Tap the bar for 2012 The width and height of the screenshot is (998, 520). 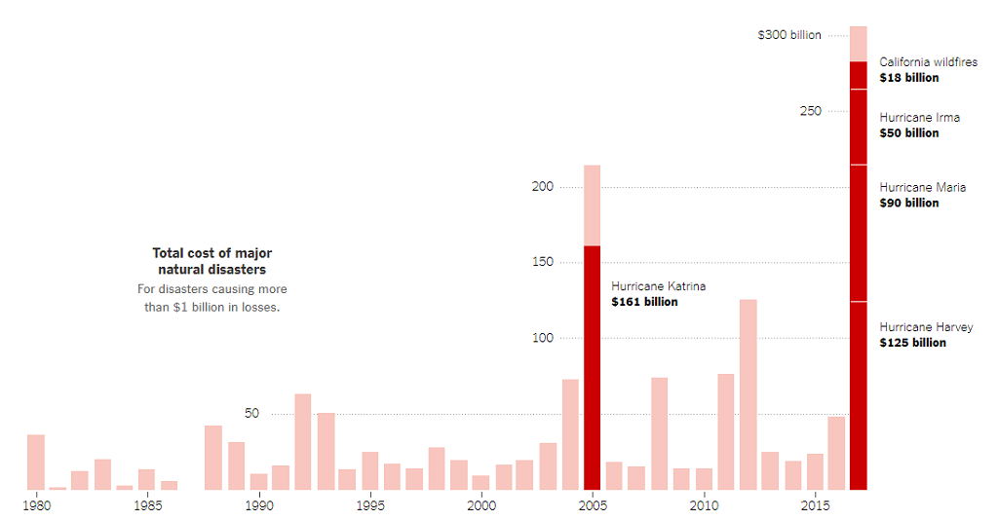coord(748,394)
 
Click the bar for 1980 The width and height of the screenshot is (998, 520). coord(36,462)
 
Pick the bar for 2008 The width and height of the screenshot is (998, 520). coord(659,433)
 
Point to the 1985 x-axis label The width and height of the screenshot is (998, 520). coord(147,505)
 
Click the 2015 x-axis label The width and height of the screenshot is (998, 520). coord(814,505)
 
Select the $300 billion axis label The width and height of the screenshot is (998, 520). coord(789,35)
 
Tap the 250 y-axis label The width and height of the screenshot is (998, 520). coord(811,111)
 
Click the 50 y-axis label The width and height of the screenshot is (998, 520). coord(252,414)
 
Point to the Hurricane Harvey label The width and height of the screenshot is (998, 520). coord(926,327)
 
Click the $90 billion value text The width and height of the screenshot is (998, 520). coord(909,203)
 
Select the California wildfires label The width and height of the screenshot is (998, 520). coord(928,62)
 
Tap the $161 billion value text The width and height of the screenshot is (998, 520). coord(644,302)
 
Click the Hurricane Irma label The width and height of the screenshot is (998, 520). coord(919,118)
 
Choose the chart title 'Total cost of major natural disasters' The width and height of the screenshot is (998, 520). coord(212,261)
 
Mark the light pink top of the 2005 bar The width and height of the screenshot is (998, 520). coord(592,205)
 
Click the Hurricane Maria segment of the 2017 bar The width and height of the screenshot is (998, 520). coord(859,234)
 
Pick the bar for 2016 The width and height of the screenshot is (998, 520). coord(836,453)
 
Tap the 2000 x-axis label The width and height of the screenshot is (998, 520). coord(481,505)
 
